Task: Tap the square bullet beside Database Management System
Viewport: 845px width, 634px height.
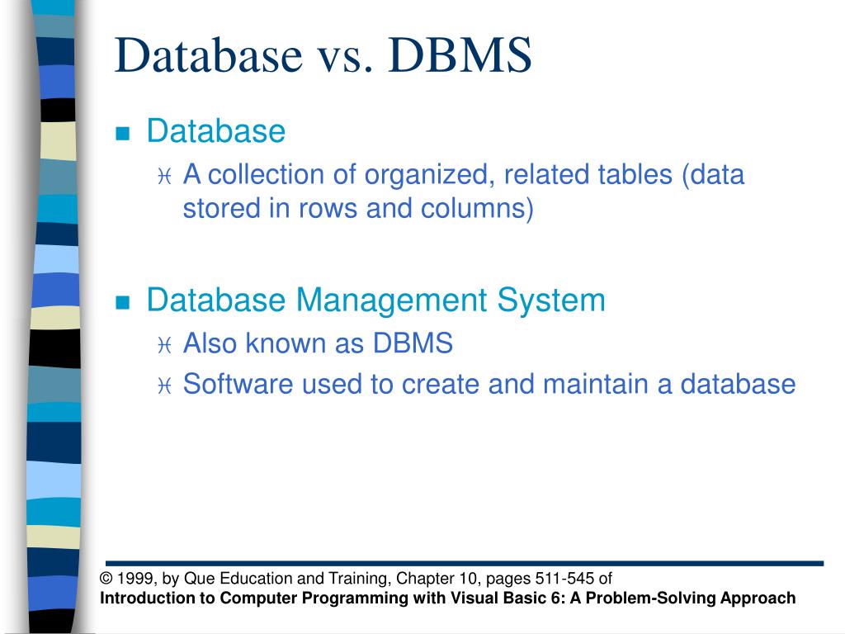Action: pos(123,302)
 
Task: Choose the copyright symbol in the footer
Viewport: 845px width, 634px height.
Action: pos(106,579)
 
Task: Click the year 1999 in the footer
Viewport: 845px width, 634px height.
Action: pos(133,579)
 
